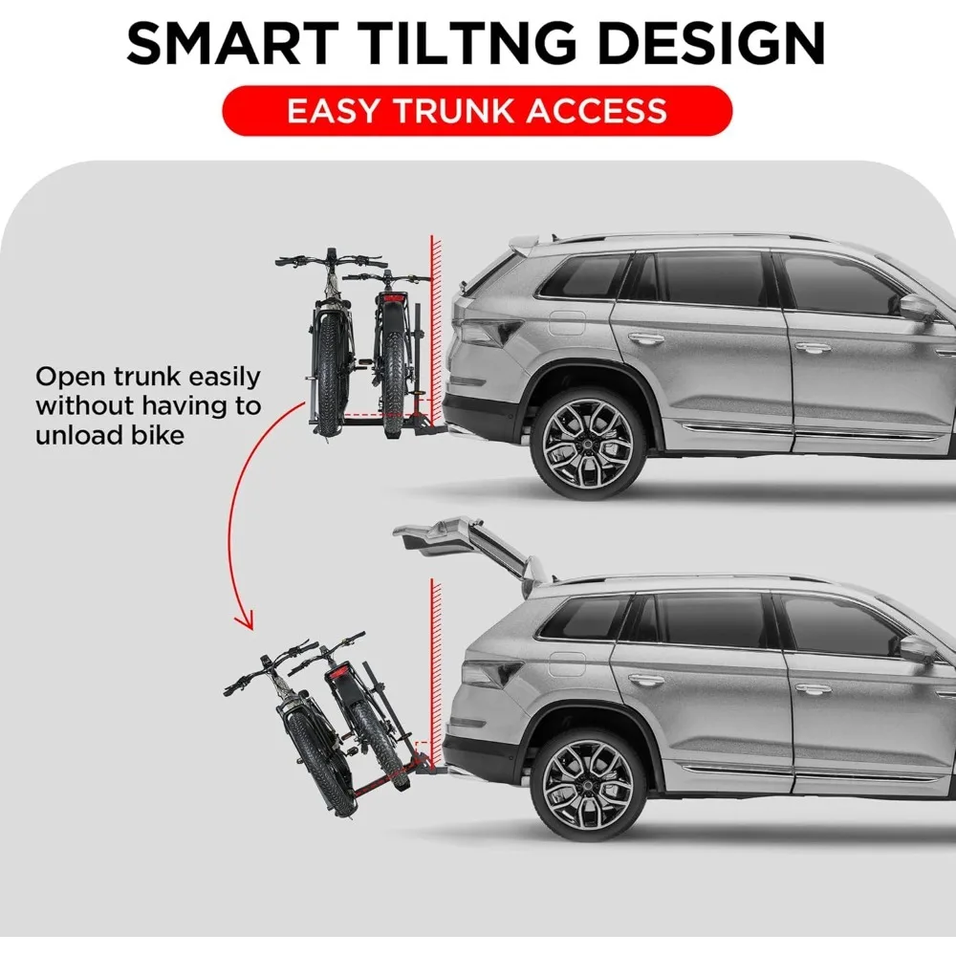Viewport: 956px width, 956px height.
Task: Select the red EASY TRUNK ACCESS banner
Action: pyautogui.click(x=477, y=110)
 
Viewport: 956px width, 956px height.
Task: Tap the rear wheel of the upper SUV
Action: pyautogui.click(x=587, y=442)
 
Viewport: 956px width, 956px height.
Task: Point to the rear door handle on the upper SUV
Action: pyautogui.click(x=646, y=337)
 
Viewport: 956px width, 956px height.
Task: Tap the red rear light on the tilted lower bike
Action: pyautogui.click(x=337, y=675)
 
